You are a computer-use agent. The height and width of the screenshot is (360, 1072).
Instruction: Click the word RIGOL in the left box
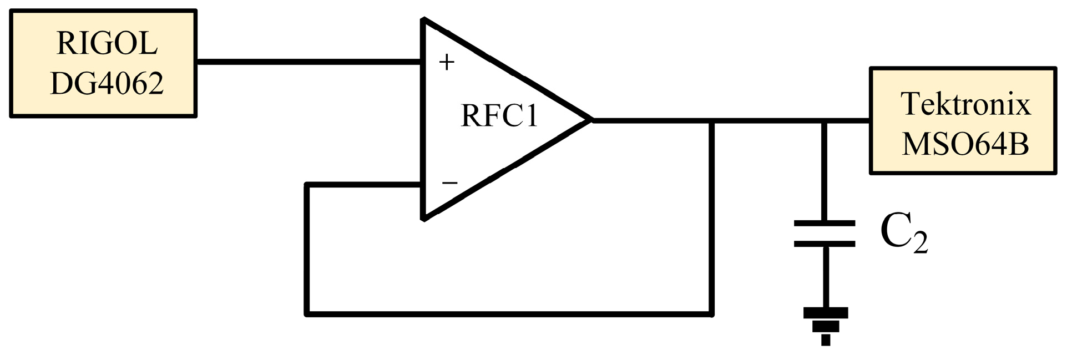coord(107,43)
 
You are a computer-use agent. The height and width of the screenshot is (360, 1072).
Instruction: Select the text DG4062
coord(107,83)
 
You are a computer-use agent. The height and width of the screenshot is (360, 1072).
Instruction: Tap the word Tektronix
coord(965,104)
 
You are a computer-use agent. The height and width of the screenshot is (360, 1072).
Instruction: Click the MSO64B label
coord(965,143)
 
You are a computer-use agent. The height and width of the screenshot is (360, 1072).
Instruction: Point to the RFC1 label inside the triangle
coord(499,116)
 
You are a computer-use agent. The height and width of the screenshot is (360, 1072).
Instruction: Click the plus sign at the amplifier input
coord(446,62)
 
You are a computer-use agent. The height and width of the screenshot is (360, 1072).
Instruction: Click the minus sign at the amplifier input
coord(449,182)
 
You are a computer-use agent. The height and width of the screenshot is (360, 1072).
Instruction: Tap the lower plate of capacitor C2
coord(825,243)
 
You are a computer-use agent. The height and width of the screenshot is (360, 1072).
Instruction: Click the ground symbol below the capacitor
coord(825,324)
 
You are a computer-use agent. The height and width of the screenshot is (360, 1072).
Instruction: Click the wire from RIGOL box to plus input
coord(308,62)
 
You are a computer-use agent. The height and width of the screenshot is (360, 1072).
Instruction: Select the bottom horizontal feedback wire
coord(508,314)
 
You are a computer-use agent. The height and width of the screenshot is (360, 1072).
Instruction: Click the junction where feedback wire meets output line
coord(712,120)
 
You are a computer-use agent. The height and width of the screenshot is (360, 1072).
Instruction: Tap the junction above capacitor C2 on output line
coord(825,120)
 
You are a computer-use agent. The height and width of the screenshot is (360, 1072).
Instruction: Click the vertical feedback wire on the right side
coord(712,222)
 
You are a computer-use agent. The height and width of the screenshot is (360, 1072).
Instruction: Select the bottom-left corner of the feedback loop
coord(307,313)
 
